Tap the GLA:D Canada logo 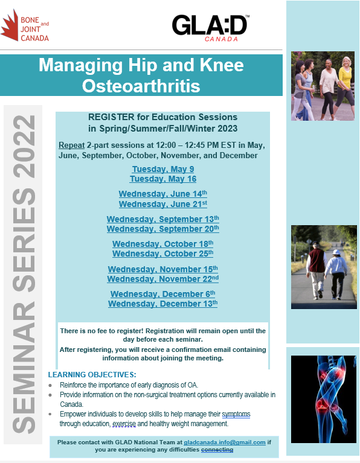[210, 28]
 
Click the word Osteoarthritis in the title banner [141, 86]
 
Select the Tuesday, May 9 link [163, 169]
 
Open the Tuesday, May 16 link [163, 179]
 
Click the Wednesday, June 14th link [163, 194]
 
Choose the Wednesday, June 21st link [163, 204]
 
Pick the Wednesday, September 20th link [163, 229]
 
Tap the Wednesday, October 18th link [163, 244]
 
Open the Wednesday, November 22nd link [163, 278]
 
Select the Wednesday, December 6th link [163, 294]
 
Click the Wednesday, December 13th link [163, 304]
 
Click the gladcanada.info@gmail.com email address [225, 442]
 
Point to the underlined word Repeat [71, 145]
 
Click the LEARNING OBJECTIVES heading [92, 375]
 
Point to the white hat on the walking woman [336, 252]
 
